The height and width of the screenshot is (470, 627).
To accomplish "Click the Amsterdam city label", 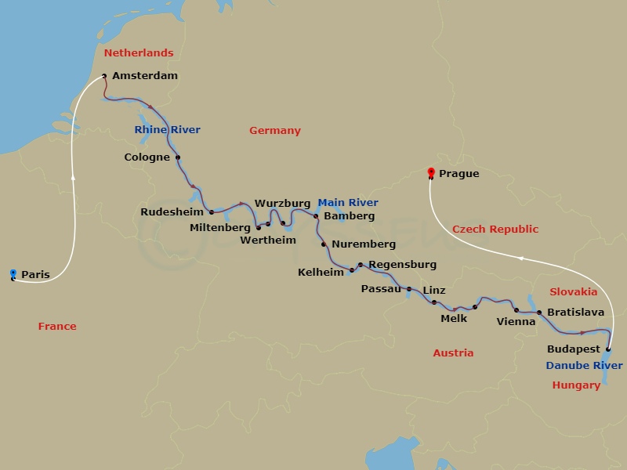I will [145, 76].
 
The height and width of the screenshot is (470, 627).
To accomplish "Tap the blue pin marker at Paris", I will [13, 273].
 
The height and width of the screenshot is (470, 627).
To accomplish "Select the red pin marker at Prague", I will [430, 173].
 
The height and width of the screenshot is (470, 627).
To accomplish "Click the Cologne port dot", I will [178, 157].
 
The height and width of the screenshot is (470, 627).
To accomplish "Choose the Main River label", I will [348, 203].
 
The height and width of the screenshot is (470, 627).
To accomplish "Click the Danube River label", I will [585, 366].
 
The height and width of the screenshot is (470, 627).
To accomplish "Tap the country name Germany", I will [275, 131].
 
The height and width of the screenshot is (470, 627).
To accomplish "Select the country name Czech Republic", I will [495, 230].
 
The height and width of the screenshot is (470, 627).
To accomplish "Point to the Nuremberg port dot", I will [324, 244].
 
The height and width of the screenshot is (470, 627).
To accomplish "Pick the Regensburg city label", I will [402, 265].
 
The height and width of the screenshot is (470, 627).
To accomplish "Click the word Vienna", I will [516, 321].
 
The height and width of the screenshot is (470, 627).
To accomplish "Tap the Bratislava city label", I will [575, 312].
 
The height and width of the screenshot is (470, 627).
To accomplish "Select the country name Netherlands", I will [139, 53].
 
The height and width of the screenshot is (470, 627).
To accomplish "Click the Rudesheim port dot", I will [212, 211].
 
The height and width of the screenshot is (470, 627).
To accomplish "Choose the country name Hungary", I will [576, 385].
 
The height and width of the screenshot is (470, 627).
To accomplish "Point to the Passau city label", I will [380, 289].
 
